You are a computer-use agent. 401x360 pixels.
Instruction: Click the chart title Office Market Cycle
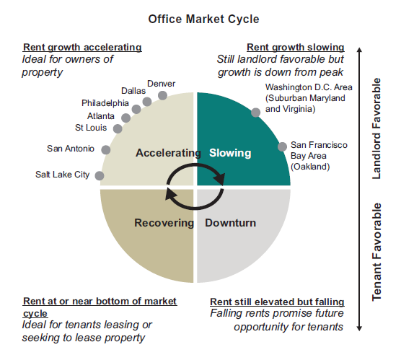pos(203,19)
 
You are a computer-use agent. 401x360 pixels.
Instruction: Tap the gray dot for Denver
pos(162,95)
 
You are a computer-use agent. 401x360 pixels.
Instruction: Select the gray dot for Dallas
pos(147,102)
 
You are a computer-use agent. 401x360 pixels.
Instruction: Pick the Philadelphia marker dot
pos(136,109)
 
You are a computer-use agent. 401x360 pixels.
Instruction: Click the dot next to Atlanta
pos(125,118)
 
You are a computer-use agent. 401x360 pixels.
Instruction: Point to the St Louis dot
pos(118,128)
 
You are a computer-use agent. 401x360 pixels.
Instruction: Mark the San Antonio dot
pos(106,149)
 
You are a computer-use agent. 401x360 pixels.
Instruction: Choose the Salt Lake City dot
pos(100,176)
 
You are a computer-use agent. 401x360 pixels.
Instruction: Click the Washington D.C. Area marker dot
pos(256,113)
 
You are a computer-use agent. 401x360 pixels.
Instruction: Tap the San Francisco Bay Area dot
pos(282,147)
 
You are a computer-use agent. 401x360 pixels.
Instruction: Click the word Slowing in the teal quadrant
pos(230,153)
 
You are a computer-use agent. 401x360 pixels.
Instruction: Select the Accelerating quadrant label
pos(168,153)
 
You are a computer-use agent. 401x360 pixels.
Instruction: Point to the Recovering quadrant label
pos(164,223)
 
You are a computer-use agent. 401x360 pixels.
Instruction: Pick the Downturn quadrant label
pos(230,223)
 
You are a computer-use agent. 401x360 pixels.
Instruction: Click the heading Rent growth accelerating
pos(82,48)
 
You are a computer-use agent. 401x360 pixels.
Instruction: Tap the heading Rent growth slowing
pos(296,48)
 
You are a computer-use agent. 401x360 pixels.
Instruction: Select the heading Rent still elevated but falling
pos(277,302)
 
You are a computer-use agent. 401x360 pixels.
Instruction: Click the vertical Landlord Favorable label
pos(376,128)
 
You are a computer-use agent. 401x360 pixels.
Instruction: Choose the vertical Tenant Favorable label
pos(376,252)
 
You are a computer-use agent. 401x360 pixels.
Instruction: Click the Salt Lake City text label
pos(63,175)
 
